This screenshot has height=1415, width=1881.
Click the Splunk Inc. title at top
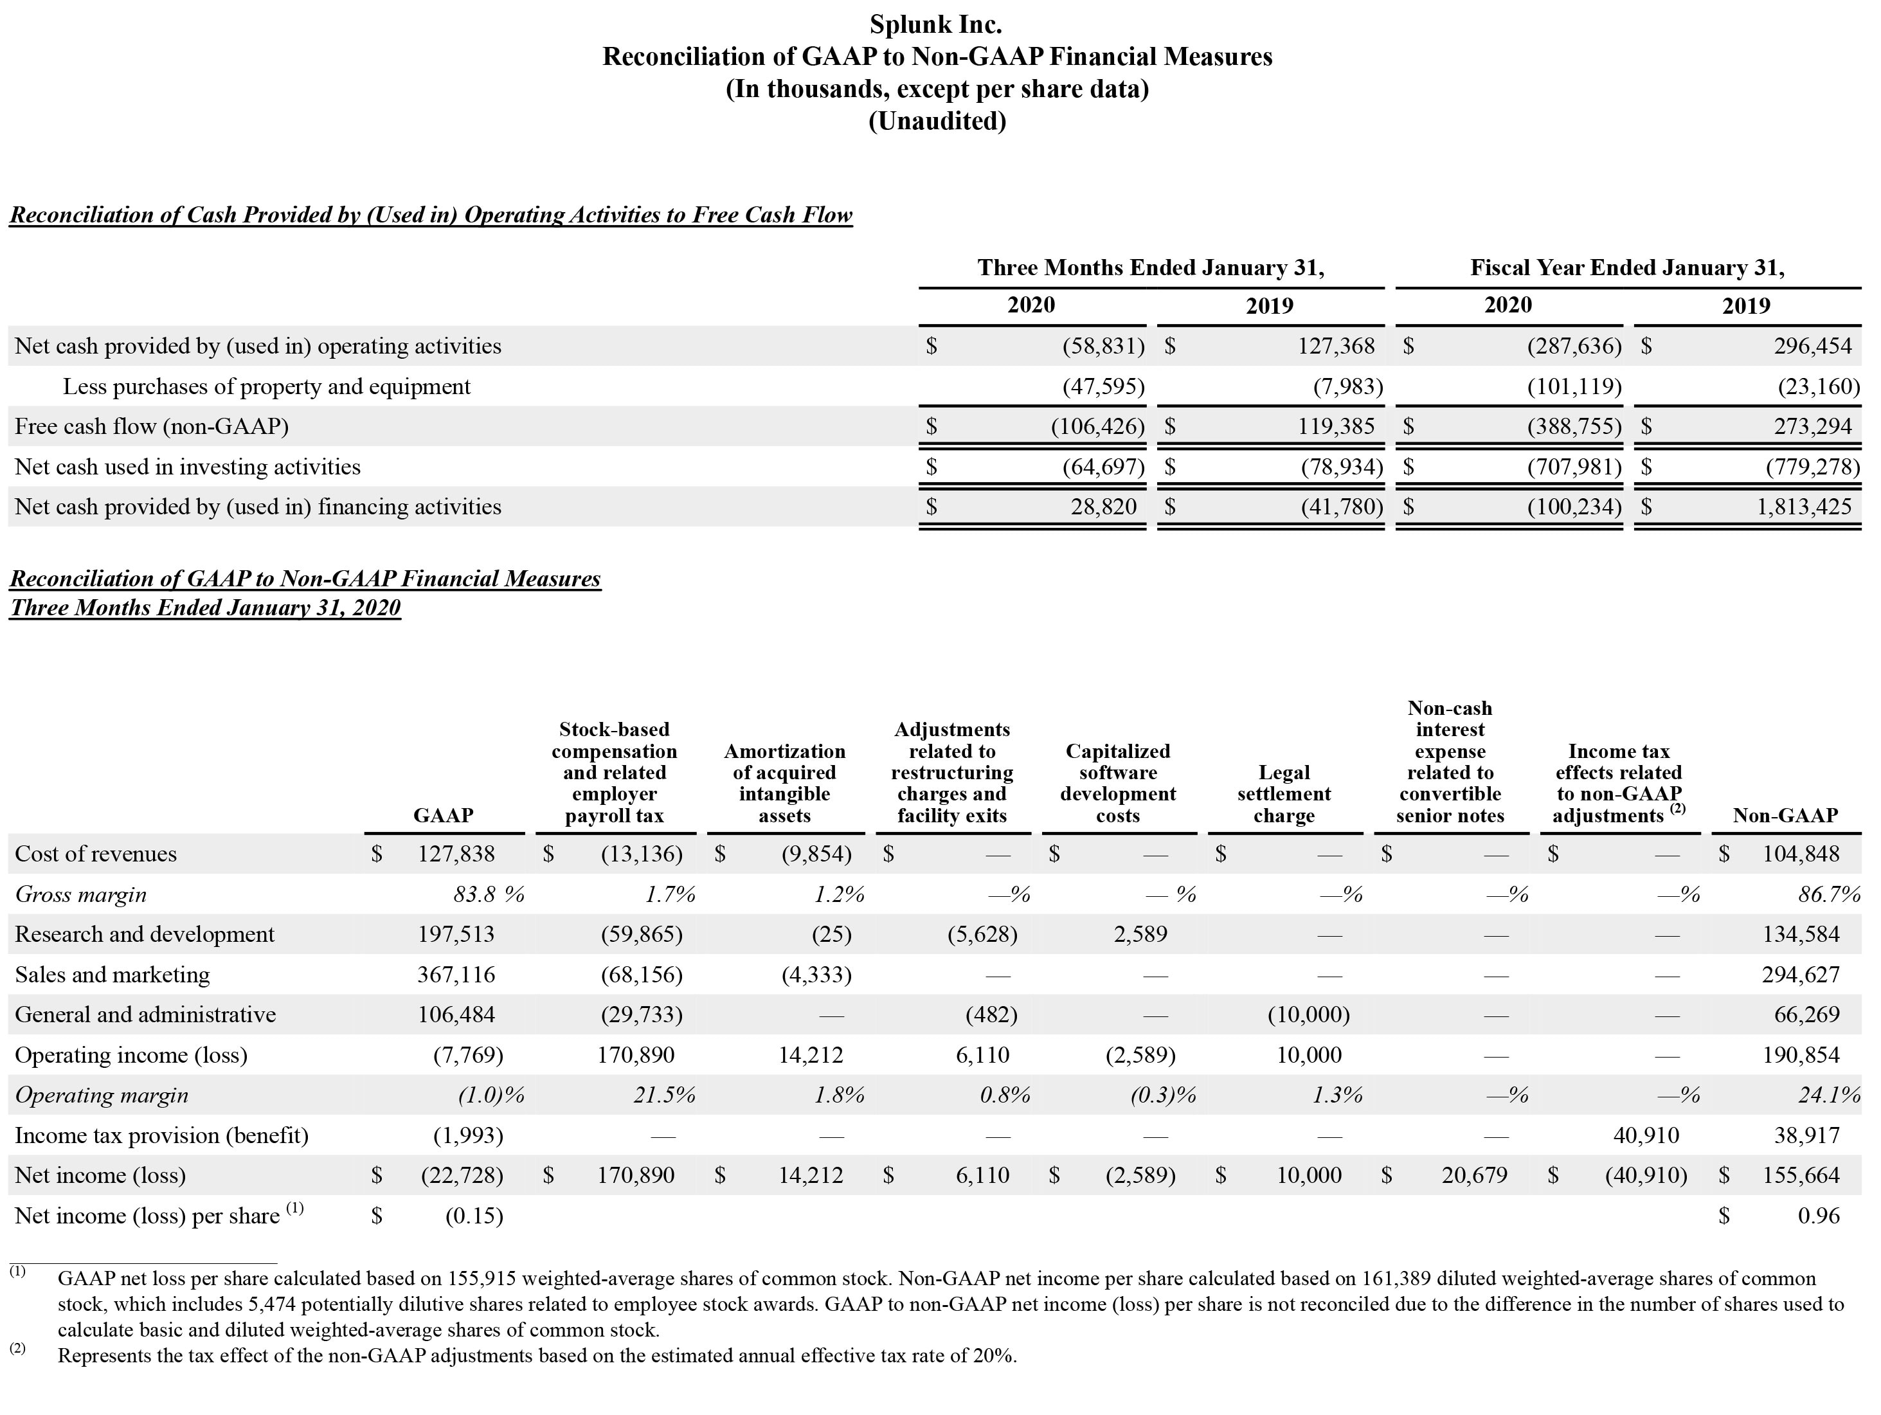point(935,24)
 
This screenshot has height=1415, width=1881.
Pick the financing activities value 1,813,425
point(1804,507)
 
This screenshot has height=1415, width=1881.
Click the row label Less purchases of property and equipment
point(266,387)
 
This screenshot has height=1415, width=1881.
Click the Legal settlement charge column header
point(1283,793)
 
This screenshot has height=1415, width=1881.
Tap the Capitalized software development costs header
point(1117,782)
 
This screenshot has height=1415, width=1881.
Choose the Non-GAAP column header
point(1785,815)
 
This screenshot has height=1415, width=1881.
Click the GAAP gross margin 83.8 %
point(488,894)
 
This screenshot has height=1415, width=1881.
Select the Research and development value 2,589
point(1140,935)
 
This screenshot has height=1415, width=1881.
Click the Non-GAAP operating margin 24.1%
point(1828,1095)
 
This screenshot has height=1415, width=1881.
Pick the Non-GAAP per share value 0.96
point(1818,1216)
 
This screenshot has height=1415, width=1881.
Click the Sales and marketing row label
point(113,975)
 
